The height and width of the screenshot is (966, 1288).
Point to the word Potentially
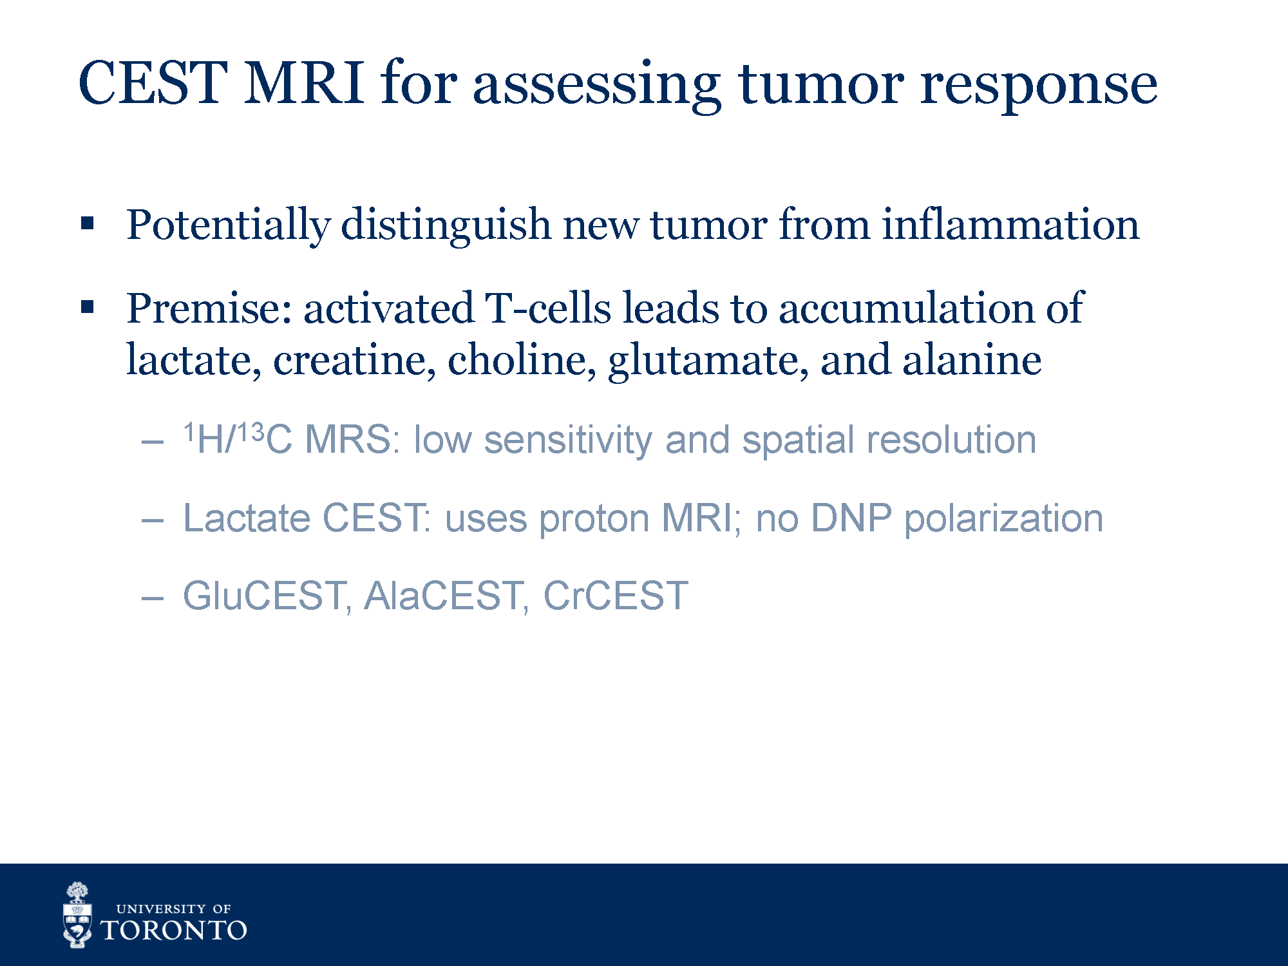(x=229, y=226)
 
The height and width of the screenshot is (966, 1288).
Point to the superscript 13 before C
(x=251, y=432)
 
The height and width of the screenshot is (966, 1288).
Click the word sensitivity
(x=568, y=441)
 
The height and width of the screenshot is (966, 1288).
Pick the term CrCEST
(x=616, y=596)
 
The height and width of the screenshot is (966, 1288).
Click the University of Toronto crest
(x=77, y=915)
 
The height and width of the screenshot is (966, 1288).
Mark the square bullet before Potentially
(x=88, y=224)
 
